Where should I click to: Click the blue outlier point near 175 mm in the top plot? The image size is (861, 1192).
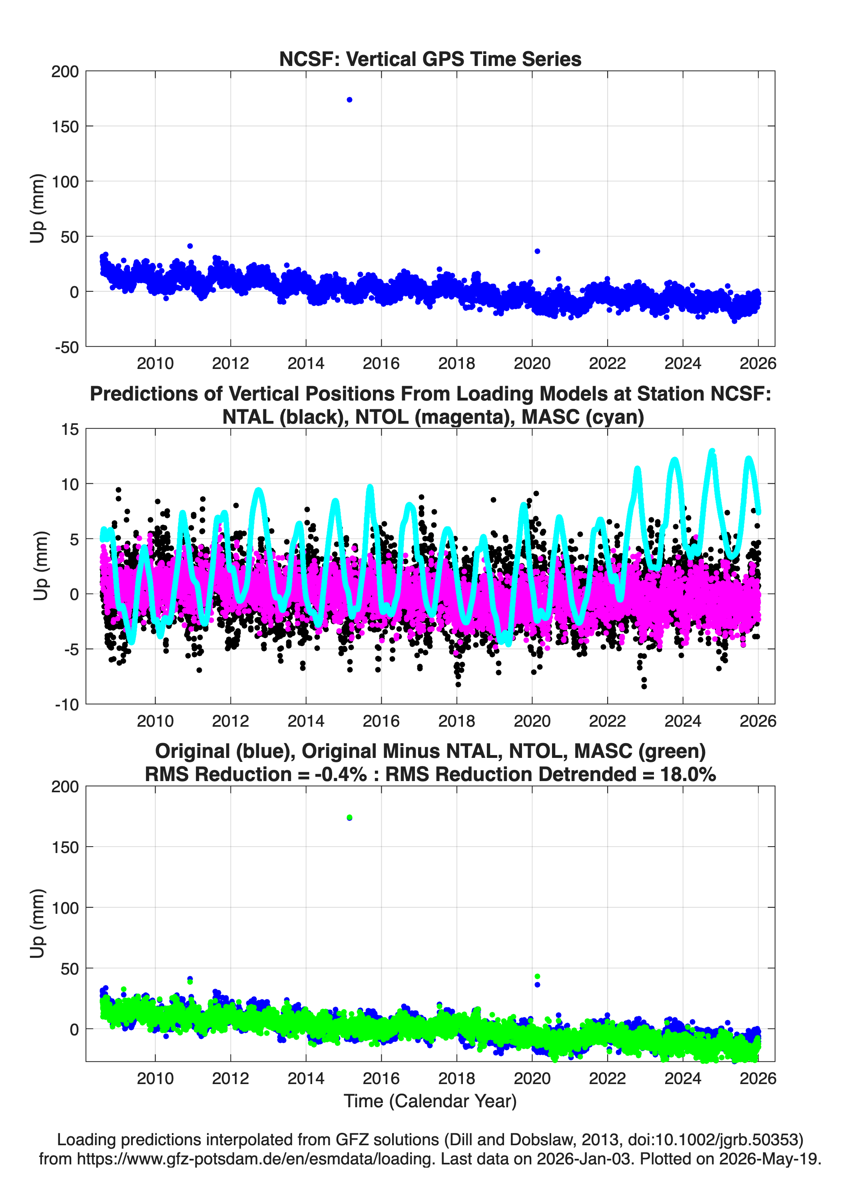coord(349,100)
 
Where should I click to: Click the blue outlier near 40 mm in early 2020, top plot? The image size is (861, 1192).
coord(537,251)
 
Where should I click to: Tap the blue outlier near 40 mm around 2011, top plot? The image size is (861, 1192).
coord(190,246)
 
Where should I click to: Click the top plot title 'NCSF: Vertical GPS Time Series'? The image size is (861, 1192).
coord(430,59)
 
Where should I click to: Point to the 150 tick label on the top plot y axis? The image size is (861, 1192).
coord(65,127)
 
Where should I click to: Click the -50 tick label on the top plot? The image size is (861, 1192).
coord(67,347)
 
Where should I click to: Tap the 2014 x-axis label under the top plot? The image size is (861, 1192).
coord(306,363)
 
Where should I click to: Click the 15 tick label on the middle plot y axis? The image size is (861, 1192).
coord(70,429)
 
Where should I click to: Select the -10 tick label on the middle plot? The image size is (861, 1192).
coord(67,705)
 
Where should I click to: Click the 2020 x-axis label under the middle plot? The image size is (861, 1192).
coord(532,721)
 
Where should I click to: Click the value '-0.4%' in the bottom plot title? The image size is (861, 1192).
coord(340,774)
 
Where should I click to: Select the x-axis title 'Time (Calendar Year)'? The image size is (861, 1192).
coord(430,1100)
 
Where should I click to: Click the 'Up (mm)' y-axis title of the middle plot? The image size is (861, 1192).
coord(40,566)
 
